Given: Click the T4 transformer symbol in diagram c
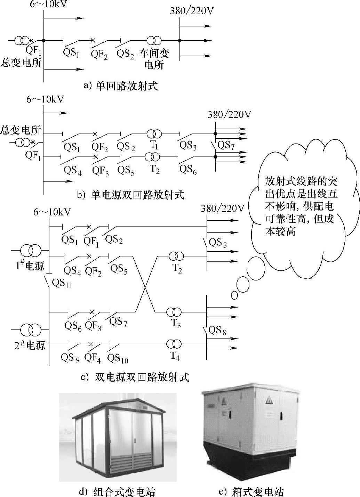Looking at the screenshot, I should [x=174, y=344].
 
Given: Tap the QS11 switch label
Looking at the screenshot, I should [x=62, y=284].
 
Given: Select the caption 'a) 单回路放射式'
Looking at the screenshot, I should [x=121, y=86].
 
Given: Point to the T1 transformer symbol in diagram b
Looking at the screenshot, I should [x=154, y=134].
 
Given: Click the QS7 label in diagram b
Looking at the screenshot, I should [x=226, y=145].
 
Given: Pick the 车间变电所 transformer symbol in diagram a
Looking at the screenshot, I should [x=154, y=41].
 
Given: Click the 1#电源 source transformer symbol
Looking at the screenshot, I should [x=31, y=250].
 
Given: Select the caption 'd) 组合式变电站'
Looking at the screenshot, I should [x=117, y=492].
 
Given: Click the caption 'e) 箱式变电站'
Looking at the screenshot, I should [x=251, y=492].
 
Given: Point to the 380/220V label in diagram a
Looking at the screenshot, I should [x=191, y=11].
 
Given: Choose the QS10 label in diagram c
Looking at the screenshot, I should [x=118, y=358].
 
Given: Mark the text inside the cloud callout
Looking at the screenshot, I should [x=301, y=206].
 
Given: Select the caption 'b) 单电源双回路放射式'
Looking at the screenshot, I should [x=130, y=195].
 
